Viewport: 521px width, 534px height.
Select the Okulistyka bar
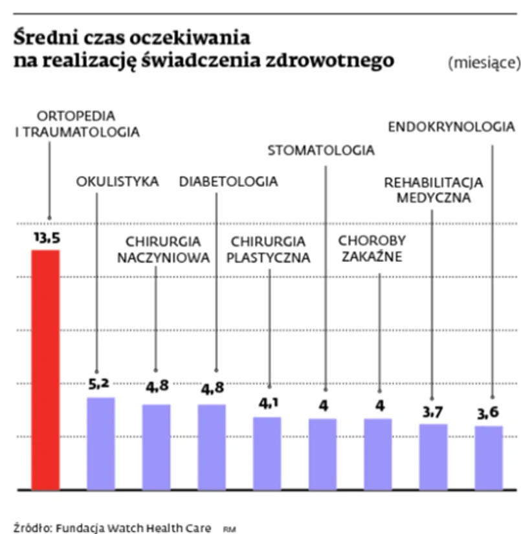click(101, 443)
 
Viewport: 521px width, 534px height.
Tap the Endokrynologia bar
click(488, 457)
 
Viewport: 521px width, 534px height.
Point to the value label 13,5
click(47, 239)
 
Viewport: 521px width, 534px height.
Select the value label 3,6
click(489, 414)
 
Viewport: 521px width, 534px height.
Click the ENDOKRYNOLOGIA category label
click(451, 127)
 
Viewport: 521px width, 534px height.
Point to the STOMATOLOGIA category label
click(321, 151)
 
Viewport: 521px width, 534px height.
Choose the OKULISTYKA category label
click(117, 182)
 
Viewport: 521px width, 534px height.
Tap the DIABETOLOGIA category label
click(228, 182)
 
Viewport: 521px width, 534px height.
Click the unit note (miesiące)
click(483, 63)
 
